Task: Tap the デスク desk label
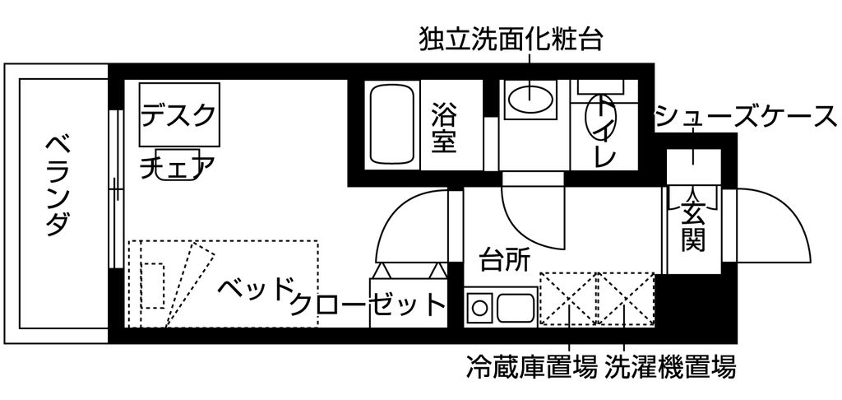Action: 179,114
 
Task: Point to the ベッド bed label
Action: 257,290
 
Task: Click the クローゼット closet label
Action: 367,305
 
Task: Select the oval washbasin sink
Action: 530,100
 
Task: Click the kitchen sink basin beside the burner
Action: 513,309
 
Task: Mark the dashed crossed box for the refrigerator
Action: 567,298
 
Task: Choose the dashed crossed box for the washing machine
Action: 627,298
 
